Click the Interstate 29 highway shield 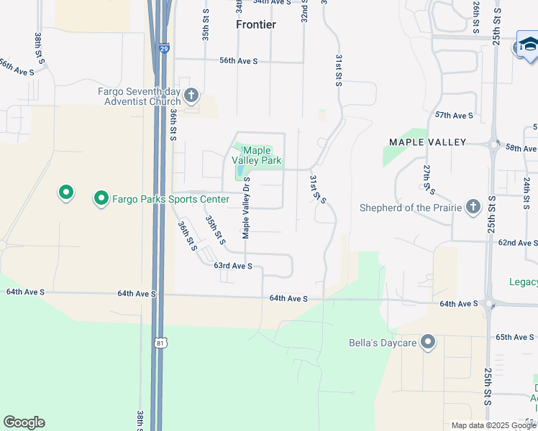pos(165,49)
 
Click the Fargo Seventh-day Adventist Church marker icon pos(191,96)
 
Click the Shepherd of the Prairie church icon pos(473,208)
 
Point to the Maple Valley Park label pos(257,156)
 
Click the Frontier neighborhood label pos(256,24)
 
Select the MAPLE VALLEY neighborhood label pos(428,142)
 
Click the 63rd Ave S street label pos(233,266)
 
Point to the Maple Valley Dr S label pos(246,208)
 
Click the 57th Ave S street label pos(455,115)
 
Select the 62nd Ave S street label pos(518,243)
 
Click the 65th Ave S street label pos(514,336)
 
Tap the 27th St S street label pos(428,178)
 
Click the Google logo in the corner pos(24,422)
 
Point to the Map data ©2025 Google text pos(493,425)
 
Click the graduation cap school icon pos(527,45)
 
